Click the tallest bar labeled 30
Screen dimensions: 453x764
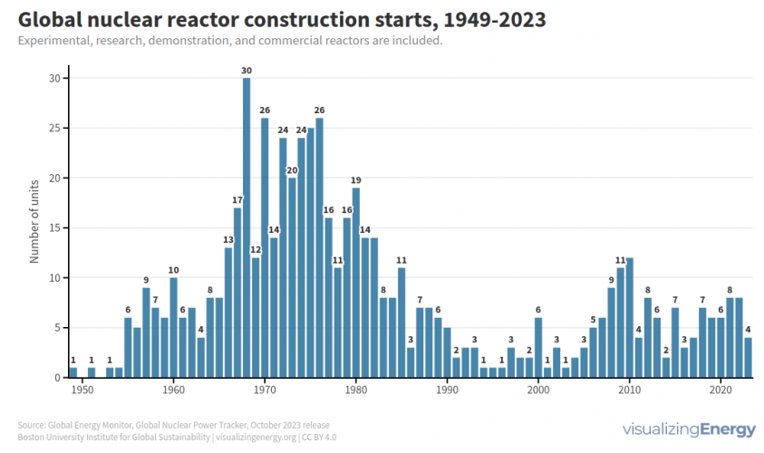point(247,227)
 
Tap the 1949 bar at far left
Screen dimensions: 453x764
point(73,372)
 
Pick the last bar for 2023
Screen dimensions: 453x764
point(748,357)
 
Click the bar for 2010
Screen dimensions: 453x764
point(629,317)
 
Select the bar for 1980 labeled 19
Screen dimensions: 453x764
point(356,282)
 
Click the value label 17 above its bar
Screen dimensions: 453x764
point(237,199)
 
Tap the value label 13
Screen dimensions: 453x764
point(228,239)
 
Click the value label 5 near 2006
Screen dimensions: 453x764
point(593,319)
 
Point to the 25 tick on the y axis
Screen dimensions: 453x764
point(53,128)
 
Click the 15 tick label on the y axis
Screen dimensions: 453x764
point(53,227)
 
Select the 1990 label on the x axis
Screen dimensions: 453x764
point(447,390)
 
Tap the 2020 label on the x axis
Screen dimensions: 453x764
point(720,390)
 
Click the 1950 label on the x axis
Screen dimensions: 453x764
point(82,390)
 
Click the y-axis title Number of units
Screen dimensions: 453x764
point(34,221)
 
